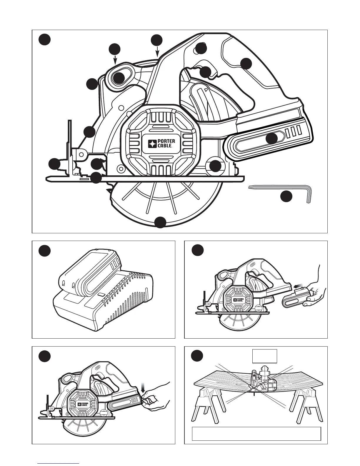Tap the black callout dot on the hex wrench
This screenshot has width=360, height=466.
point(286,197)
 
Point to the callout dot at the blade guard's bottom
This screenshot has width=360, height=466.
point(160,222)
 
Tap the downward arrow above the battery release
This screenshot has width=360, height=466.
point(144,386)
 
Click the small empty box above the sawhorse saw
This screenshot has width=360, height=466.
point(265,357)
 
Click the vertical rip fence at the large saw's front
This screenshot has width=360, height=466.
point(70,147)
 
